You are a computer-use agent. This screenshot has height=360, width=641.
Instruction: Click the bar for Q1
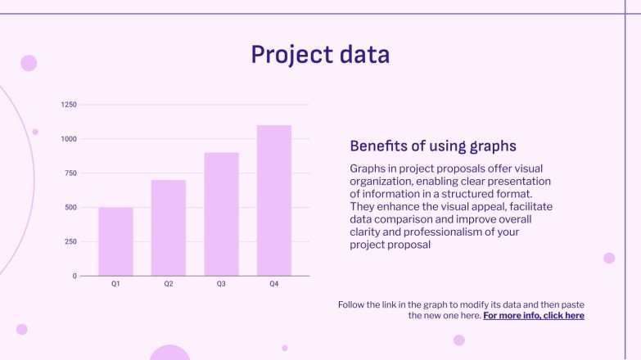pyautogui.click(x=115, y=241)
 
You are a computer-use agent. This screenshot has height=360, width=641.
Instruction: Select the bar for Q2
pyautogui.click(x=169, y=227)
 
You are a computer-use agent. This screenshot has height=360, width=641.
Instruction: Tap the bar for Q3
pyautogui.click(x=221, y=214)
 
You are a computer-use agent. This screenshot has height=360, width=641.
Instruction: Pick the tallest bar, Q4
pyautogui.click(x=274, y=200)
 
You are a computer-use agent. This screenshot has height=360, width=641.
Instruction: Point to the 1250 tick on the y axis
pyautogui.click(x=69, y=105)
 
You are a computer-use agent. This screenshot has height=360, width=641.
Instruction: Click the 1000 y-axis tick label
pyautogui.click(x=69, y=139)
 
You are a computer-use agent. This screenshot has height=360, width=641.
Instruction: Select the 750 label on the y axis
pyautogui.click(x=70, y=173)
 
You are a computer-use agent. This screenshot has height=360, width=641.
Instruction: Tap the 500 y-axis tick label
pyautogui.click(x=70, y=208)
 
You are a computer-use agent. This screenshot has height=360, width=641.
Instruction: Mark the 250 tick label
pyautogui.click(x=70, y=242)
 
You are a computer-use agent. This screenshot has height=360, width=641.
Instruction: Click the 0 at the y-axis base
pyautogui.click(x=74, y=277)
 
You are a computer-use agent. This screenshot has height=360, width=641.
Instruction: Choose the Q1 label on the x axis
pyautogui.click(x=115, y=285)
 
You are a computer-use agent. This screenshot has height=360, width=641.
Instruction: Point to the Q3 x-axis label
pyautogui.click(x=221, y=285)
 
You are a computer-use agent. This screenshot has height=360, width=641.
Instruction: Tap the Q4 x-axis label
pyautogui.click(x=274, y=285)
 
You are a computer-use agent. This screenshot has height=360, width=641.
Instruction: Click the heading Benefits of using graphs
pyautogui.click(x=433, y=146)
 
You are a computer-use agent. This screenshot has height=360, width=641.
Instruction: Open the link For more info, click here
pyautogui.click(x=534, y=316)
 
